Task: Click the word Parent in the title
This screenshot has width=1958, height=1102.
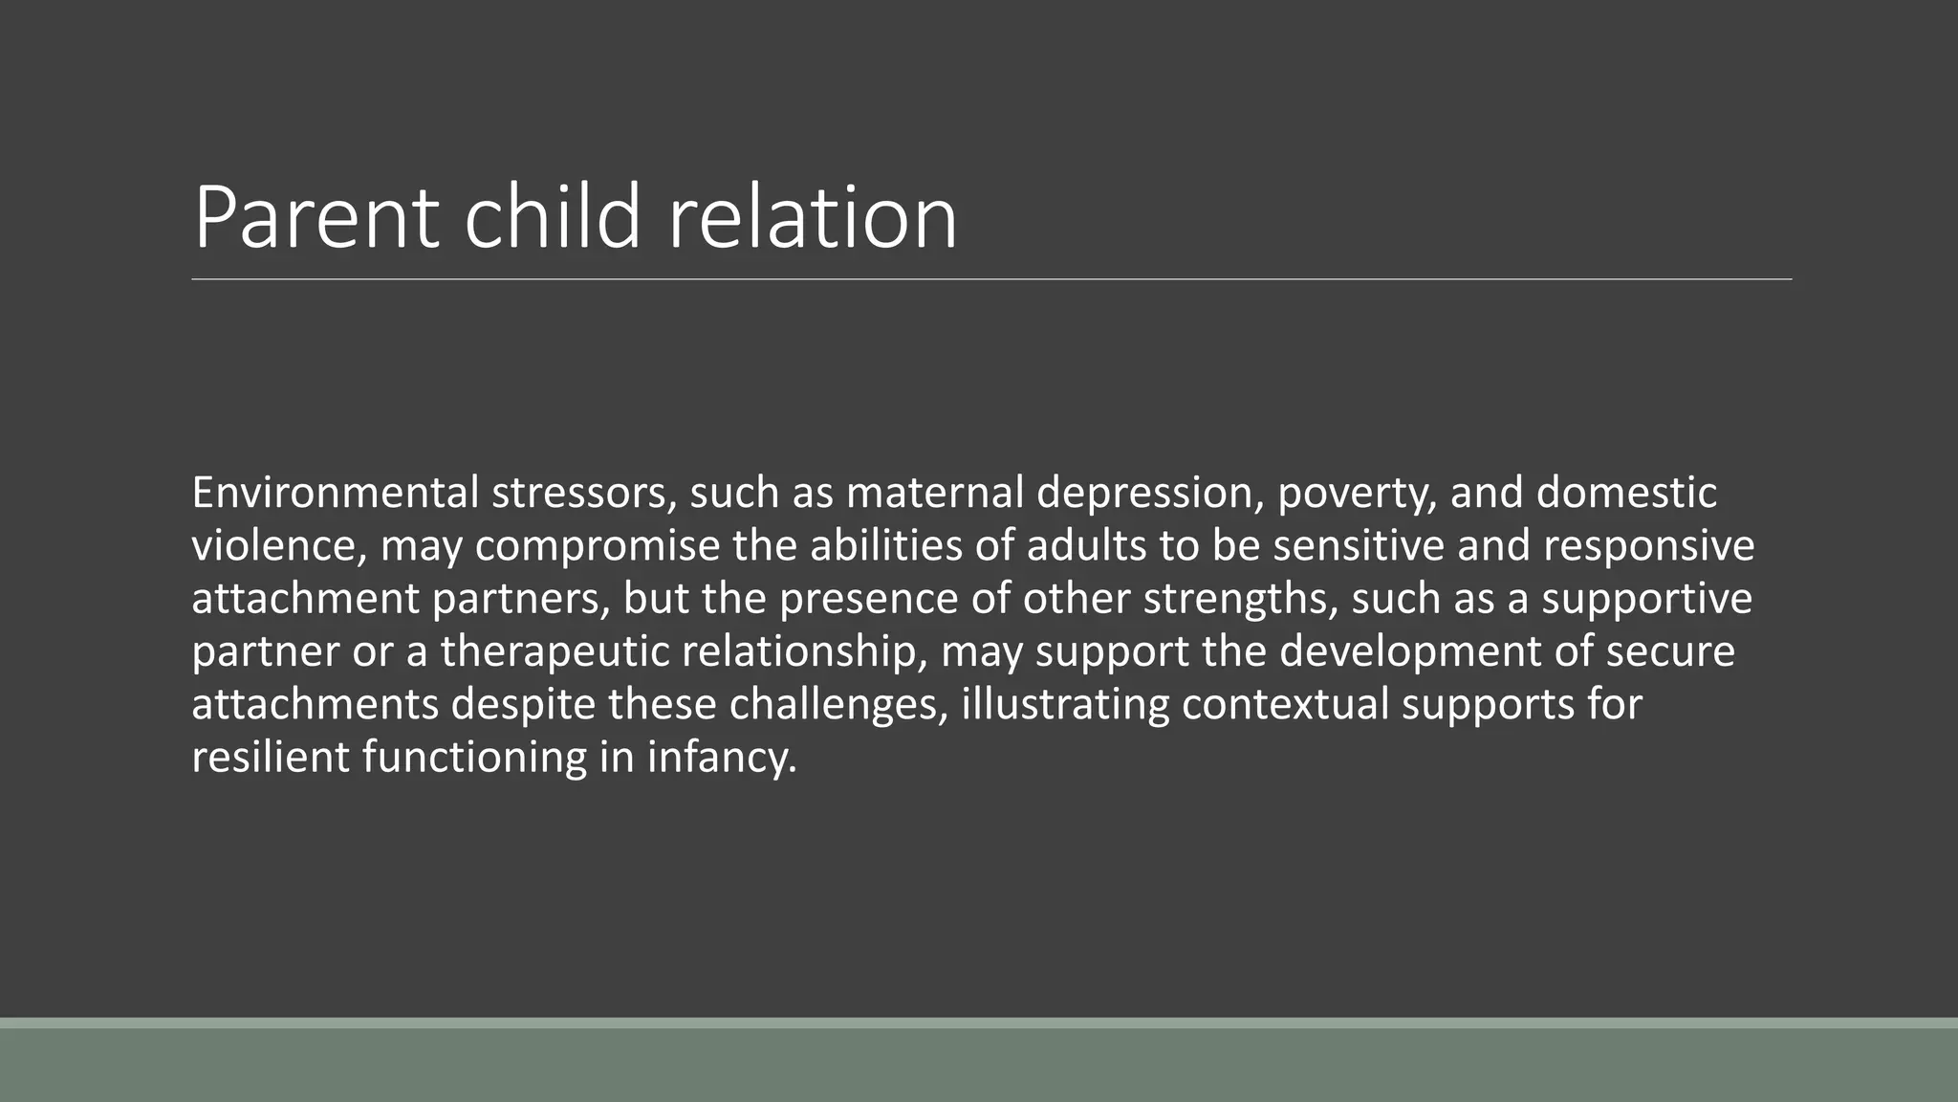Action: [316, 218]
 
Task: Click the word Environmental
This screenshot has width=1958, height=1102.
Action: [335, 494]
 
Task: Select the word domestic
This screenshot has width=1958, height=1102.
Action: [1626, 494]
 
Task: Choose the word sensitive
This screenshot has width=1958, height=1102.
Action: [1359, 546]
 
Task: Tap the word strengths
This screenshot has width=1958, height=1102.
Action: [1238, 599]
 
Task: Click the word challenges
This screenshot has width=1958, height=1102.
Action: [838, 705]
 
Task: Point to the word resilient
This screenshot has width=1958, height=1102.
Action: [271, 758]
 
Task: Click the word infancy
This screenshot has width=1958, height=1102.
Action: [722, 758]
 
